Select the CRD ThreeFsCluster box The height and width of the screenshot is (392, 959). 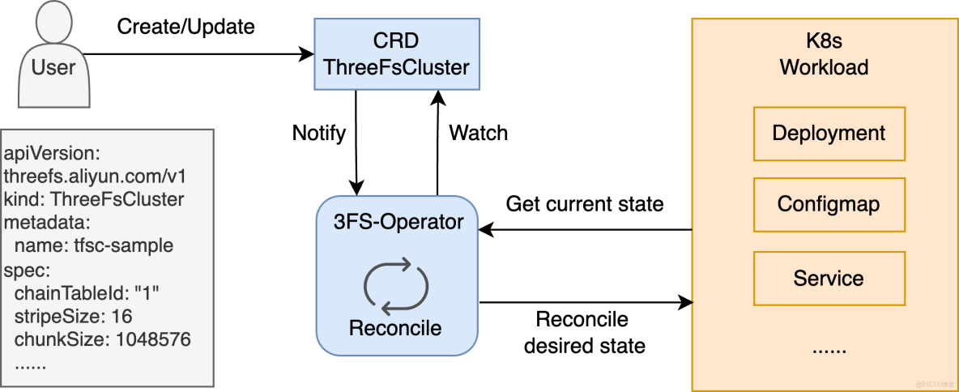pos(396,54)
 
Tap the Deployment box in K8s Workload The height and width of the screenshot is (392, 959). pos(829,134)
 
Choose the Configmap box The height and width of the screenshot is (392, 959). pos(829,204)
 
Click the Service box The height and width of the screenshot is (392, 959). pos(829,279)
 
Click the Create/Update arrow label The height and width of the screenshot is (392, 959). pos(186,27)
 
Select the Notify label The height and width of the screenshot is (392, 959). pos(319,133)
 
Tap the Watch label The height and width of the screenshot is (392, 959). pos(479,133)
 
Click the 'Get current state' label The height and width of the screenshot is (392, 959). pos(585,204)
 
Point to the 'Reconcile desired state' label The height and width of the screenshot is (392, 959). pos(585,333)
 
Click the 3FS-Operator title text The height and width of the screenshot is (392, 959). pos(395,221)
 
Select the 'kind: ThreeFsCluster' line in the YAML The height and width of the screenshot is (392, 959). pos(94,198)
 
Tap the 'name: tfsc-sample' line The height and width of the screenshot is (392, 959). pos(94,245)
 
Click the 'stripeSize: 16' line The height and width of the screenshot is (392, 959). pos(74,316)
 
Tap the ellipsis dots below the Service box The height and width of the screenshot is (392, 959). pos(828,349)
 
